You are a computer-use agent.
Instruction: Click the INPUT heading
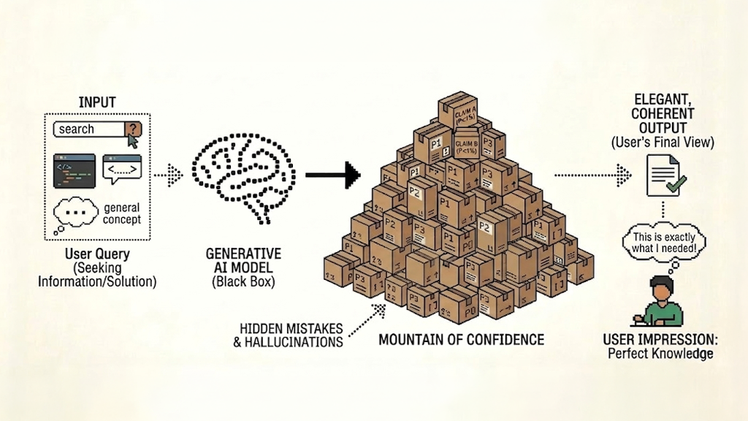(x=97, y=102)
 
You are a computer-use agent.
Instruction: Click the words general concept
(x=122, y=214)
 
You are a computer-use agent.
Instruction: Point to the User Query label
(x=97, y=254)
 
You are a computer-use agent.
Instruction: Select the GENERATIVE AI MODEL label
(x=243, y=261)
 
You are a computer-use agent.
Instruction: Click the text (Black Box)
(x=243, y=282)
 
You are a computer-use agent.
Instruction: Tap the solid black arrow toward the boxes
(x=332, y=175)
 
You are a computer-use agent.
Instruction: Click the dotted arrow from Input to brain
(x=169, y=175)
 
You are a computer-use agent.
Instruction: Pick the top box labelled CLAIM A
(x=459, y=111)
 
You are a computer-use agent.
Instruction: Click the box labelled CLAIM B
(x=467, y=143)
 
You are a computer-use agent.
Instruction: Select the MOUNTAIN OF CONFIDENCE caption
(x=461, y=339)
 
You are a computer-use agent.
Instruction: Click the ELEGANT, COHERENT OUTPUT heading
(x=663, y=114)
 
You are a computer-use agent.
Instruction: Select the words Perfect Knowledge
(x=660, y=354)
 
